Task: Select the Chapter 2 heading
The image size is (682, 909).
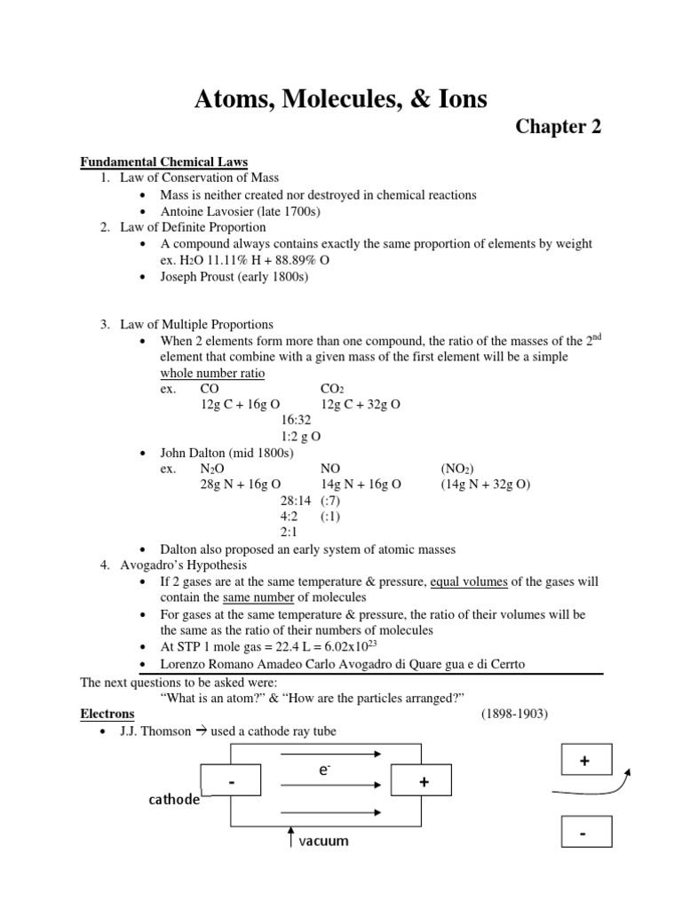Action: coord(559,128)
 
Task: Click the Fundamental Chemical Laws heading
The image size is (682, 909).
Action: coord(164,162)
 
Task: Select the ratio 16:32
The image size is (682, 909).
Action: coord(296,421)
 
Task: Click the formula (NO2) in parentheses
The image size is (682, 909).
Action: coord(457,469)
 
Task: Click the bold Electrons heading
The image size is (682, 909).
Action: coord(107,714)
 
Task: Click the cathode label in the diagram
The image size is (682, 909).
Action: coord(173,800)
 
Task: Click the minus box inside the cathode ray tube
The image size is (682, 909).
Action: coord(231,783)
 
